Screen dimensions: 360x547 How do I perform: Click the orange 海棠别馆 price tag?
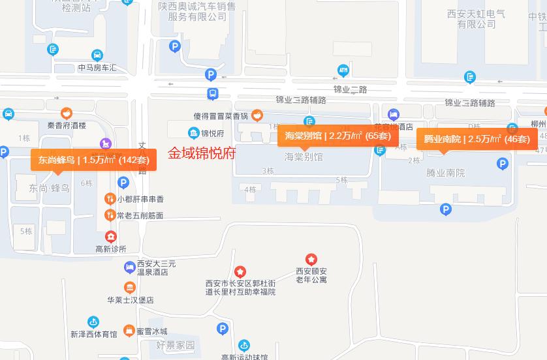click(x=337, y=136)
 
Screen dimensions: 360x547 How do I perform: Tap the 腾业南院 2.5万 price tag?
click(x=477, y=139)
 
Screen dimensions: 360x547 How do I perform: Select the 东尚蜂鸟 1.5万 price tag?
click(x=93, y=160)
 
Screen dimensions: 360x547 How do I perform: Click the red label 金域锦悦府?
click(x=202, y=154)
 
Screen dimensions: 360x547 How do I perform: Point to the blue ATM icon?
click(x=343, y=70)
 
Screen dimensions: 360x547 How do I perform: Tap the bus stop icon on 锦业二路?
click(x=213, y=94)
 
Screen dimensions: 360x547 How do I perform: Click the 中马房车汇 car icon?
click(x=97, y=55)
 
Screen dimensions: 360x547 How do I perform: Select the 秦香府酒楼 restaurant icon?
click(x=66, y=113)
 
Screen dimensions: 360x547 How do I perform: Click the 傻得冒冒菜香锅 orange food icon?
click(x=257, y=116)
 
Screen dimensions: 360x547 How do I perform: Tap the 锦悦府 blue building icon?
click(x=193, y=133)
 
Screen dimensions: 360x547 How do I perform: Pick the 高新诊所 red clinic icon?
click(x=111, y=236)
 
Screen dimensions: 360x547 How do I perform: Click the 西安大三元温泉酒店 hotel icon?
click(x=130, y=267)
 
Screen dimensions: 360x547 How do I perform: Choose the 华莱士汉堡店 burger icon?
click(x=130, y=288)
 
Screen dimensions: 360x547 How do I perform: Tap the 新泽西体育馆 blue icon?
click(x=94, y=322)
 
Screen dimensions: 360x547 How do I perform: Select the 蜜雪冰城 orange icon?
click(x=129, y=331)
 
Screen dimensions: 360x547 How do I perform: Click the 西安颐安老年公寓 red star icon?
click(x=311, y=260)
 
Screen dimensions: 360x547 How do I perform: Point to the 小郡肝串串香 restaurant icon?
click(x=110, y=199)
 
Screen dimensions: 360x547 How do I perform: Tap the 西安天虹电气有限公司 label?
click(x=477, y=18)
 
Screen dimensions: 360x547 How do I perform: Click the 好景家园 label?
click(x=176, y=345)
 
